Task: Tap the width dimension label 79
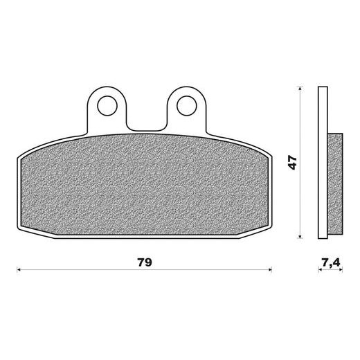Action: pyautogui.click(x=145, y=262)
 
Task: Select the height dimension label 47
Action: pyautogui.click(x=292, y=163)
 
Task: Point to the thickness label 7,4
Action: pyautogui.click(x=331, y=262)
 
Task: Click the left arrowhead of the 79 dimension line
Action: pyautogui.click(x=19, y=269)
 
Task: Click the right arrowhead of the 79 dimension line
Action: pyautogui.click(x=270, y=269)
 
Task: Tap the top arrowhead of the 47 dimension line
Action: pyautogui.click(x=300, y=88)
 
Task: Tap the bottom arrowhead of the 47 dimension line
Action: pyautogui.click(x=300, y=236)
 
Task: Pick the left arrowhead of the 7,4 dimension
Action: pyautogui.click(x=320, y=269)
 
